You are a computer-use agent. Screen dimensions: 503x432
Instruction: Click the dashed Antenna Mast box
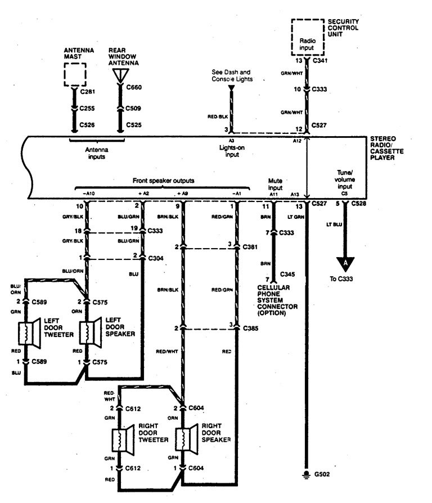pyautogui.click(x=74, y=73)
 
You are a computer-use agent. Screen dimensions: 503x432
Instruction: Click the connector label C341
pyautogui.click(x=321, y=61)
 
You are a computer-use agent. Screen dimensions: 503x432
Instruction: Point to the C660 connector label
pyautogui.click(x=134, y=87)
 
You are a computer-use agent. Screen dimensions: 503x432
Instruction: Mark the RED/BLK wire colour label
pyautogui.click(x=218, y=116)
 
